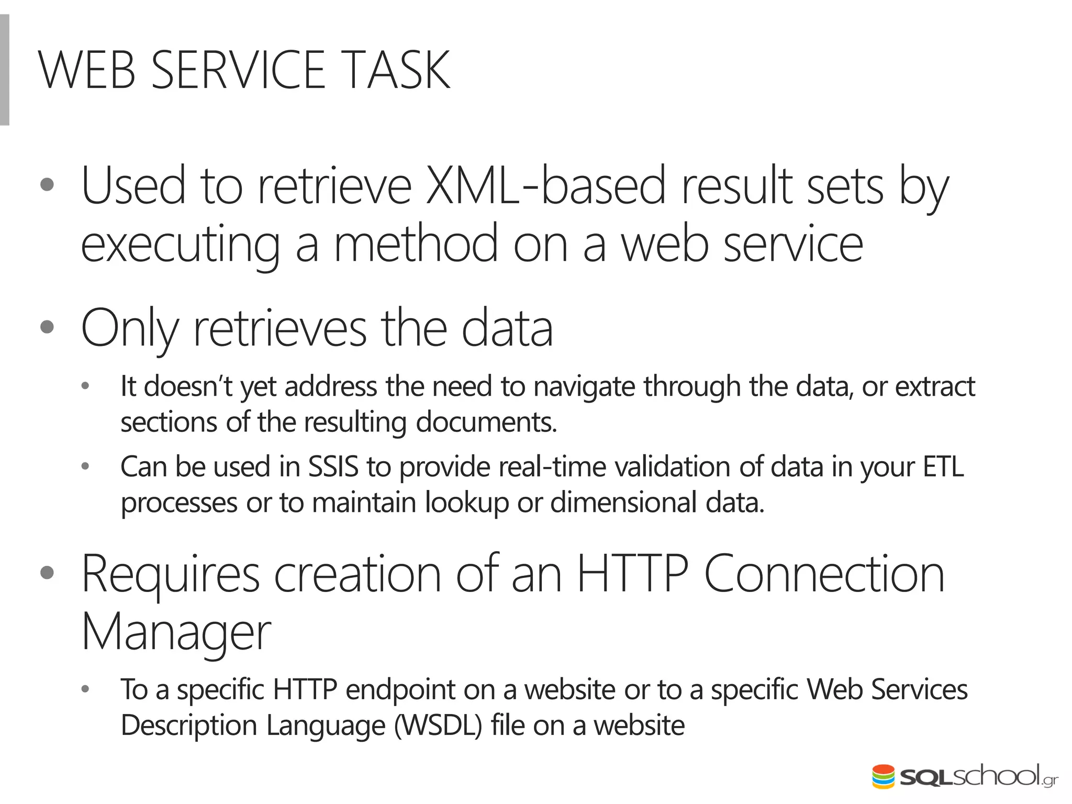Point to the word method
(x=416, y=244)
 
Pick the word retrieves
(x=280, y=329)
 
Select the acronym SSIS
(x=333, y=467)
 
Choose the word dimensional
(x=623, y=502)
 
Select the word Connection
(x=824, y=575)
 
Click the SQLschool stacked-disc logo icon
(x=884, y=776)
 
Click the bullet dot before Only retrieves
(x=47, y=328)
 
